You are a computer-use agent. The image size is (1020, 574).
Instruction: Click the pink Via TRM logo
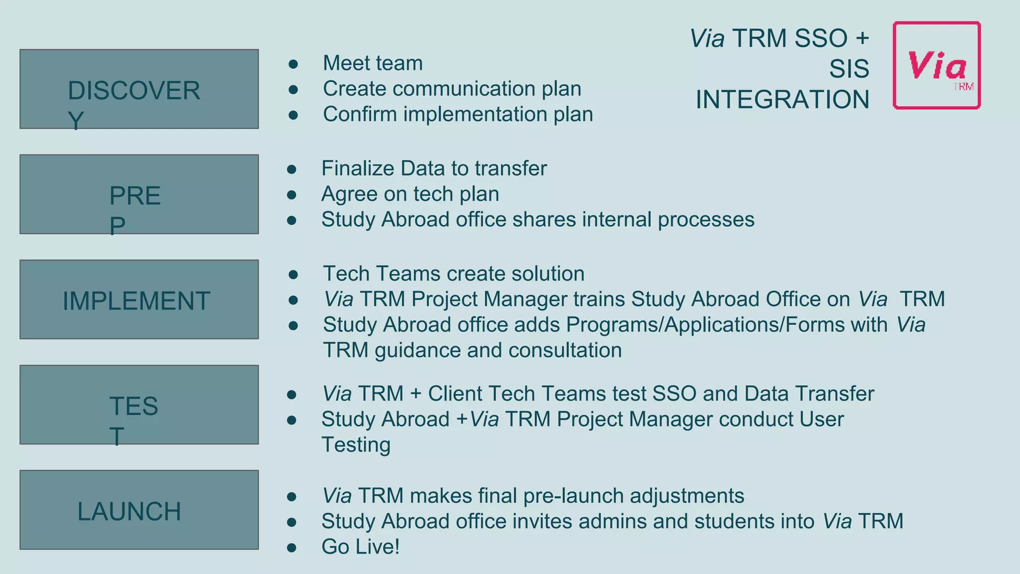coord(936,65)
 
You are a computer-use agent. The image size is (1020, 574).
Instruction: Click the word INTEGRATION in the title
coord(782,100)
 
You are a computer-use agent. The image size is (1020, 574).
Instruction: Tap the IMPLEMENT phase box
coord(139,300)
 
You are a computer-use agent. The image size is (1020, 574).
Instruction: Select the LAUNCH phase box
coord(139,510)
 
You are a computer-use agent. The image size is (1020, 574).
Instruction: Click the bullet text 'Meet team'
coord(373,63)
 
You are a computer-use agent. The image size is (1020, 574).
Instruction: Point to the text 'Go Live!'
coord(360,547)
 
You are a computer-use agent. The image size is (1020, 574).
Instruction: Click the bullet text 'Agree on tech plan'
coord(410,194)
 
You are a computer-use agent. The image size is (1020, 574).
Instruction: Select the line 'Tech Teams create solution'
coord(453,274)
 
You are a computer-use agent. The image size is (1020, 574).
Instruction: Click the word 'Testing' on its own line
coord(356,444)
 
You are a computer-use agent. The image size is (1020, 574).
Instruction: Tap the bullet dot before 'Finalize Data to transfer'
coord(292,169)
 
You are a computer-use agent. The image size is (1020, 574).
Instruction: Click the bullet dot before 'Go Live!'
coord(292,548)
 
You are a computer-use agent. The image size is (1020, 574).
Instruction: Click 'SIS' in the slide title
coord(849,69)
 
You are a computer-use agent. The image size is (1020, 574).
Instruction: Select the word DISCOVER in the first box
coord(134,91)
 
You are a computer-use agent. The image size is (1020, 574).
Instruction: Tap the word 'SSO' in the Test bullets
coord(674,394)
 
